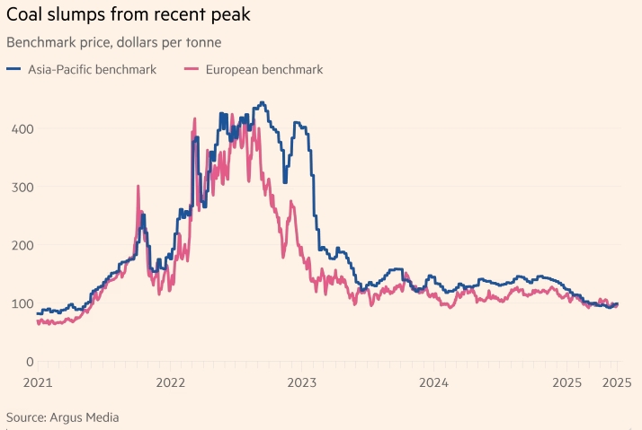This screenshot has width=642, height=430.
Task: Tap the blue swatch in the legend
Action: pos(13,69)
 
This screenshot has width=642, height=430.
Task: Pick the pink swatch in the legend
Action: pos(191,69)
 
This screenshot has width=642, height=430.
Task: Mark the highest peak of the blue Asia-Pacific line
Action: pos(262,102)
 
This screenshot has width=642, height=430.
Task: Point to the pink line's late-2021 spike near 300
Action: pos(138,187)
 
